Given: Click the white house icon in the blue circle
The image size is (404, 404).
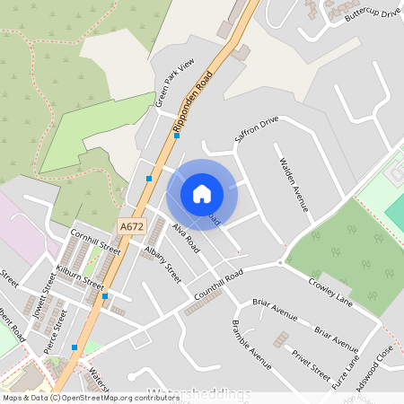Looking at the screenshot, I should (202, 193).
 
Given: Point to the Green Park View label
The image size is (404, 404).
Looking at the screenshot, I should (174, 83).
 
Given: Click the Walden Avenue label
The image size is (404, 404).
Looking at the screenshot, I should (294, 185).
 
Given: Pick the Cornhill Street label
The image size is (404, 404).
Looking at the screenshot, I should (95, 241).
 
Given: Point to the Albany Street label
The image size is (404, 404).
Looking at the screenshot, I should (162, 264).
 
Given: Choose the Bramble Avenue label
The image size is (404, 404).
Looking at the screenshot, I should (250, 344).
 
